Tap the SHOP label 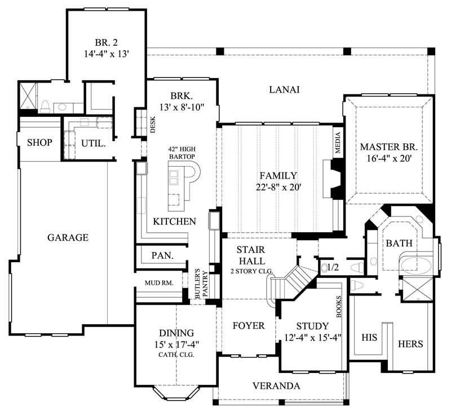(39, 142)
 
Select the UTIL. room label (93, 144)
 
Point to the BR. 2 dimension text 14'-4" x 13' (107, 55)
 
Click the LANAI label (284, 89)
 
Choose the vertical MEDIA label (338, 142)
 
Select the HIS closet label (369, 337)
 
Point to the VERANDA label (276, 386)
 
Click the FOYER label (249, 326)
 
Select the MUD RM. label (159, 282)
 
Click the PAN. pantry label (162, 255)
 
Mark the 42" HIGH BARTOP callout (182, 153)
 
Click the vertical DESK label (152, 124)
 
